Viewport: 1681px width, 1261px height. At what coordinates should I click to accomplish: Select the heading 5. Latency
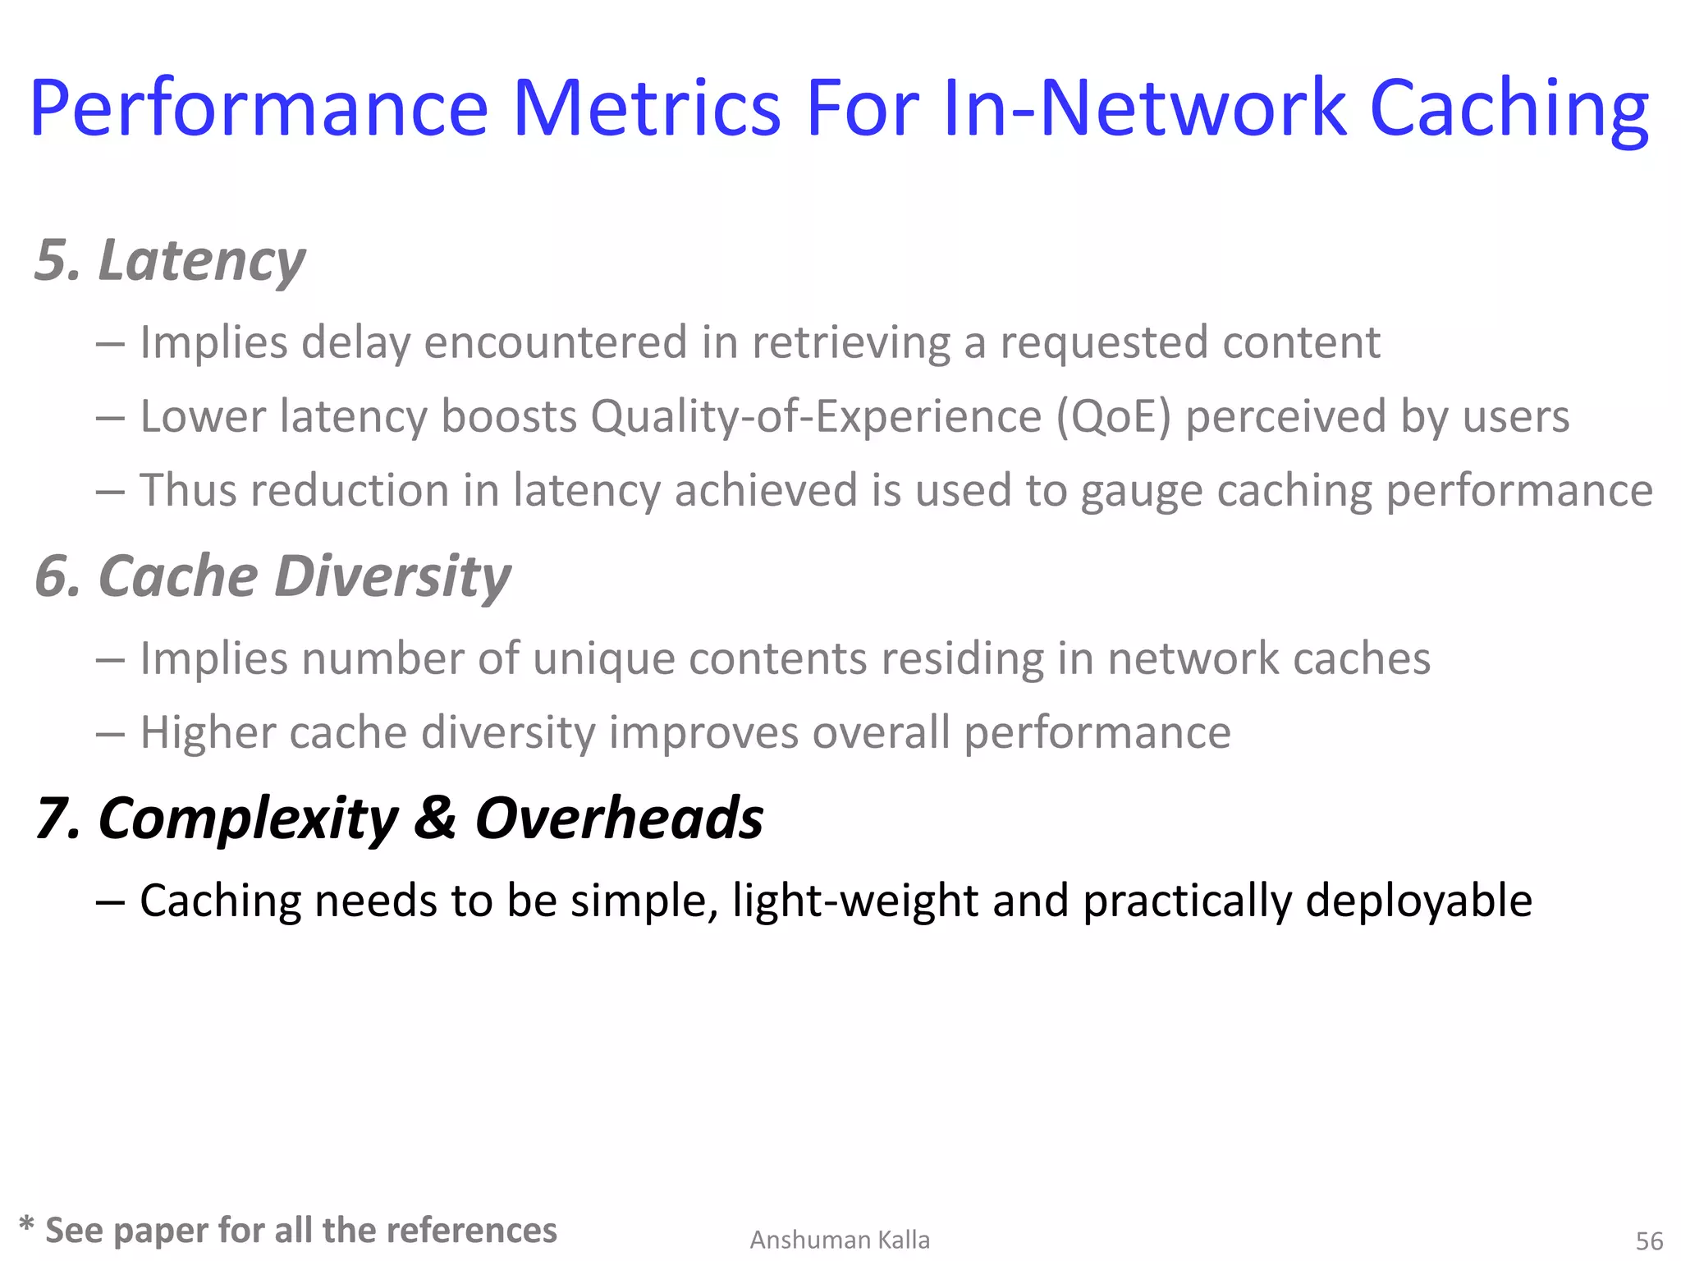(170, 260)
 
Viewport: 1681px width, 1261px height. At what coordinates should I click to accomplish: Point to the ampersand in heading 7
(434, 819)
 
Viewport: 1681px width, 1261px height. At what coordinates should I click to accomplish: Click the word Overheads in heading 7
(619, 819)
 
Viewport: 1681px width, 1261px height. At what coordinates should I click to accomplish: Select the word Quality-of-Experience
(816, 416)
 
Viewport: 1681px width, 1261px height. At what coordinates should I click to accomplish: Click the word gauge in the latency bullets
(1141, 491)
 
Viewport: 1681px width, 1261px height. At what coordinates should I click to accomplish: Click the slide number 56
(1649, 1240)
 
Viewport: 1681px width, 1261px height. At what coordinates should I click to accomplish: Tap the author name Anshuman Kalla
(840, 1240)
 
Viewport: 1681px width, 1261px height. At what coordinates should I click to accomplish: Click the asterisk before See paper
(26, 1226)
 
